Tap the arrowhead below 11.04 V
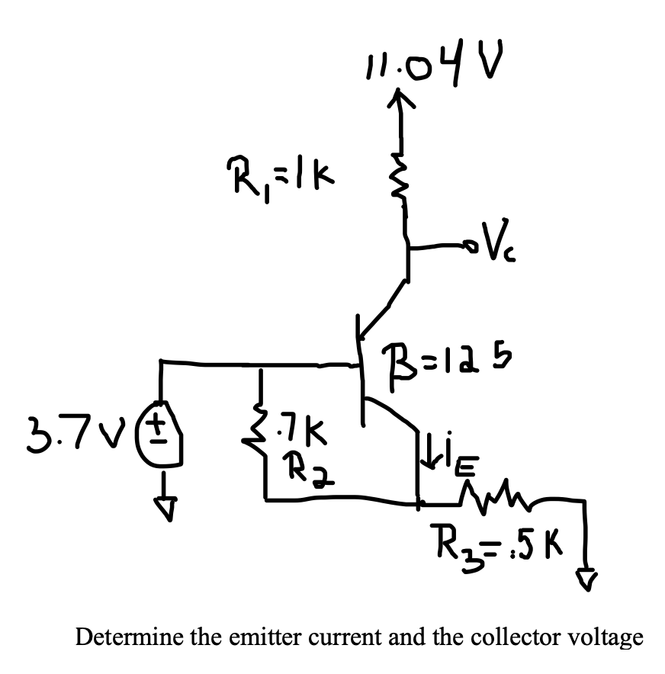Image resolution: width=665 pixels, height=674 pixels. [398, 97]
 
